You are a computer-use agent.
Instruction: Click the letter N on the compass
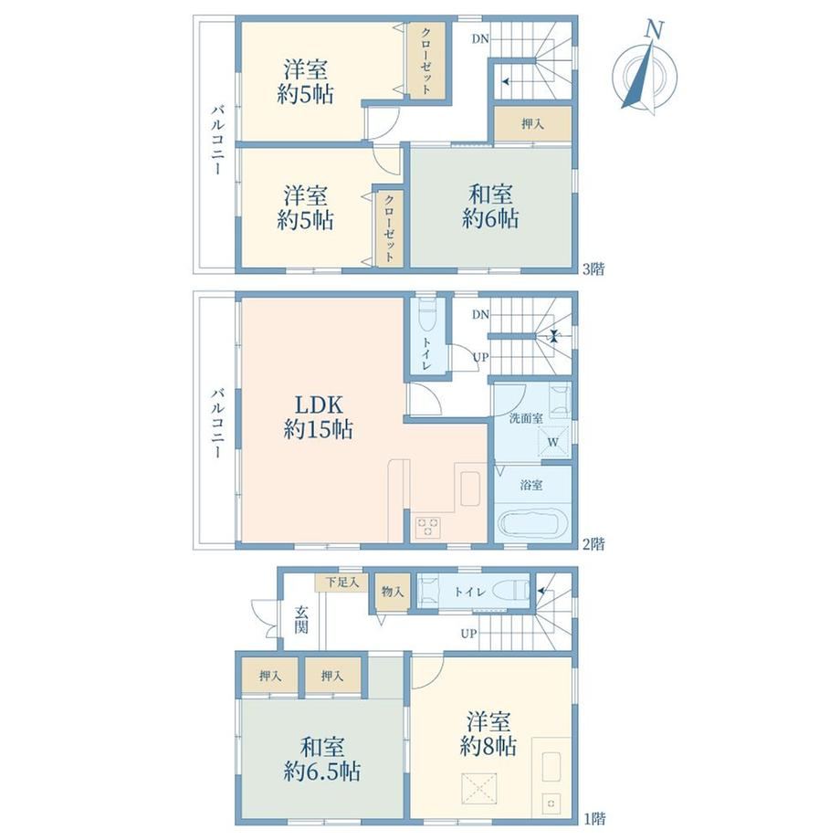coord(654,29)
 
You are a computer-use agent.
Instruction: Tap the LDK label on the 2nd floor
coord(319,405)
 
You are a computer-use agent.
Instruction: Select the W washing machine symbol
coord(553,442)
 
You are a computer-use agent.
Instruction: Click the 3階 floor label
coord(593,269)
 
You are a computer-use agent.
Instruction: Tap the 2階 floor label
coord(593,544)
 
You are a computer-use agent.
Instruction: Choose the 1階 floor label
coord(594,819)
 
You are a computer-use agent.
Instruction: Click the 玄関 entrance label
coord(301,619)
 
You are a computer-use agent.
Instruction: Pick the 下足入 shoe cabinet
coord(341,583)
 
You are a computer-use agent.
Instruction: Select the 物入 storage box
coord(393,592)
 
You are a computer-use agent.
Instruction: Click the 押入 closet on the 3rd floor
coord(532,124)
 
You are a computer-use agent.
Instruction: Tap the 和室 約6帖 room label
coord(490,206)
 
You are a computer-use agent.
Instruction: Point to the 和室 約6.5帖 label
coord(322,759)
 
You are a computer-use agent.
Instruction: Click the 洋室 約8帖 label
coord(488,734)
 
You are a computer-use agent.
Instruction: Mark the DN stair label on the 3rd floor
coord(480,38)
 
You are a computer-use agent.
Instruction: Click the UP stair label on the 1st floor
coord(468,634)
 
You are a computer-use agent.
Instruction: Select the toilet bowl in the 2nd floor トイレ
coord(427,319)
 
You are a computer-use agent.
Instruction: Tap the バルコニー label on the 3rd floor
coord(217,141)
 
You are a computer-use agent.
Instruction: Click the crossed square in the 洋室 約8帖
coord(479,788)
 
